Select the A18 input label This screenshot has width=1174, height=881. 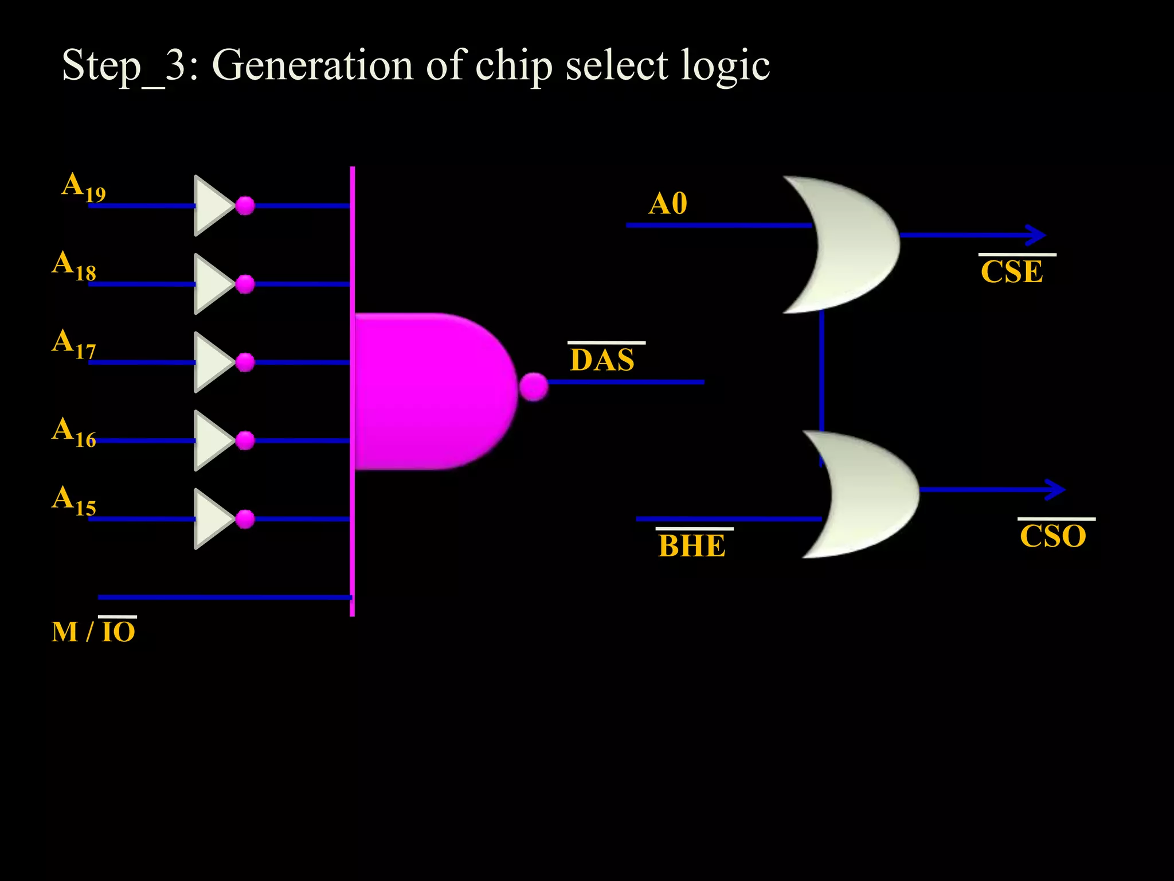(x=74, y=266)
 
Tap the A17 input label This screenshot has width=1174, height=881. (x=74, y=344)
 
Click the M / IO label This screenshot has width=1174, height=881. (x=93, y=631)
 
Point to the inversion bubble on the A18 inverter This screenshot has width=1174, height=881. (x=245, y=284)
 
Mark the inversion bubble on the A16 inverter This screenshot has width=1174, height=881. (x=245, y=440)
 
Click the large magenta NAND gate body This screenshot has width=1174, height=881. (x=430, y=391)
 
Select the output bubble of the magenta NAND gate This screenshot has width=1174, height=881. (x=534, y=387)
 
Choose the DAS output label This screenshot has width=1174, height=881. (x=602, y=360)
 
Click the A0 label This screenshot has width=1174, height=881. (x=668, y=204)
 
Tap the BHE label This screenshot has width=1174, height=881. (x=692, y=545)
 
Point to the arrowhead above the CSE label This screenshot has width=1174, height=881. (x=1036, y=235)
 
